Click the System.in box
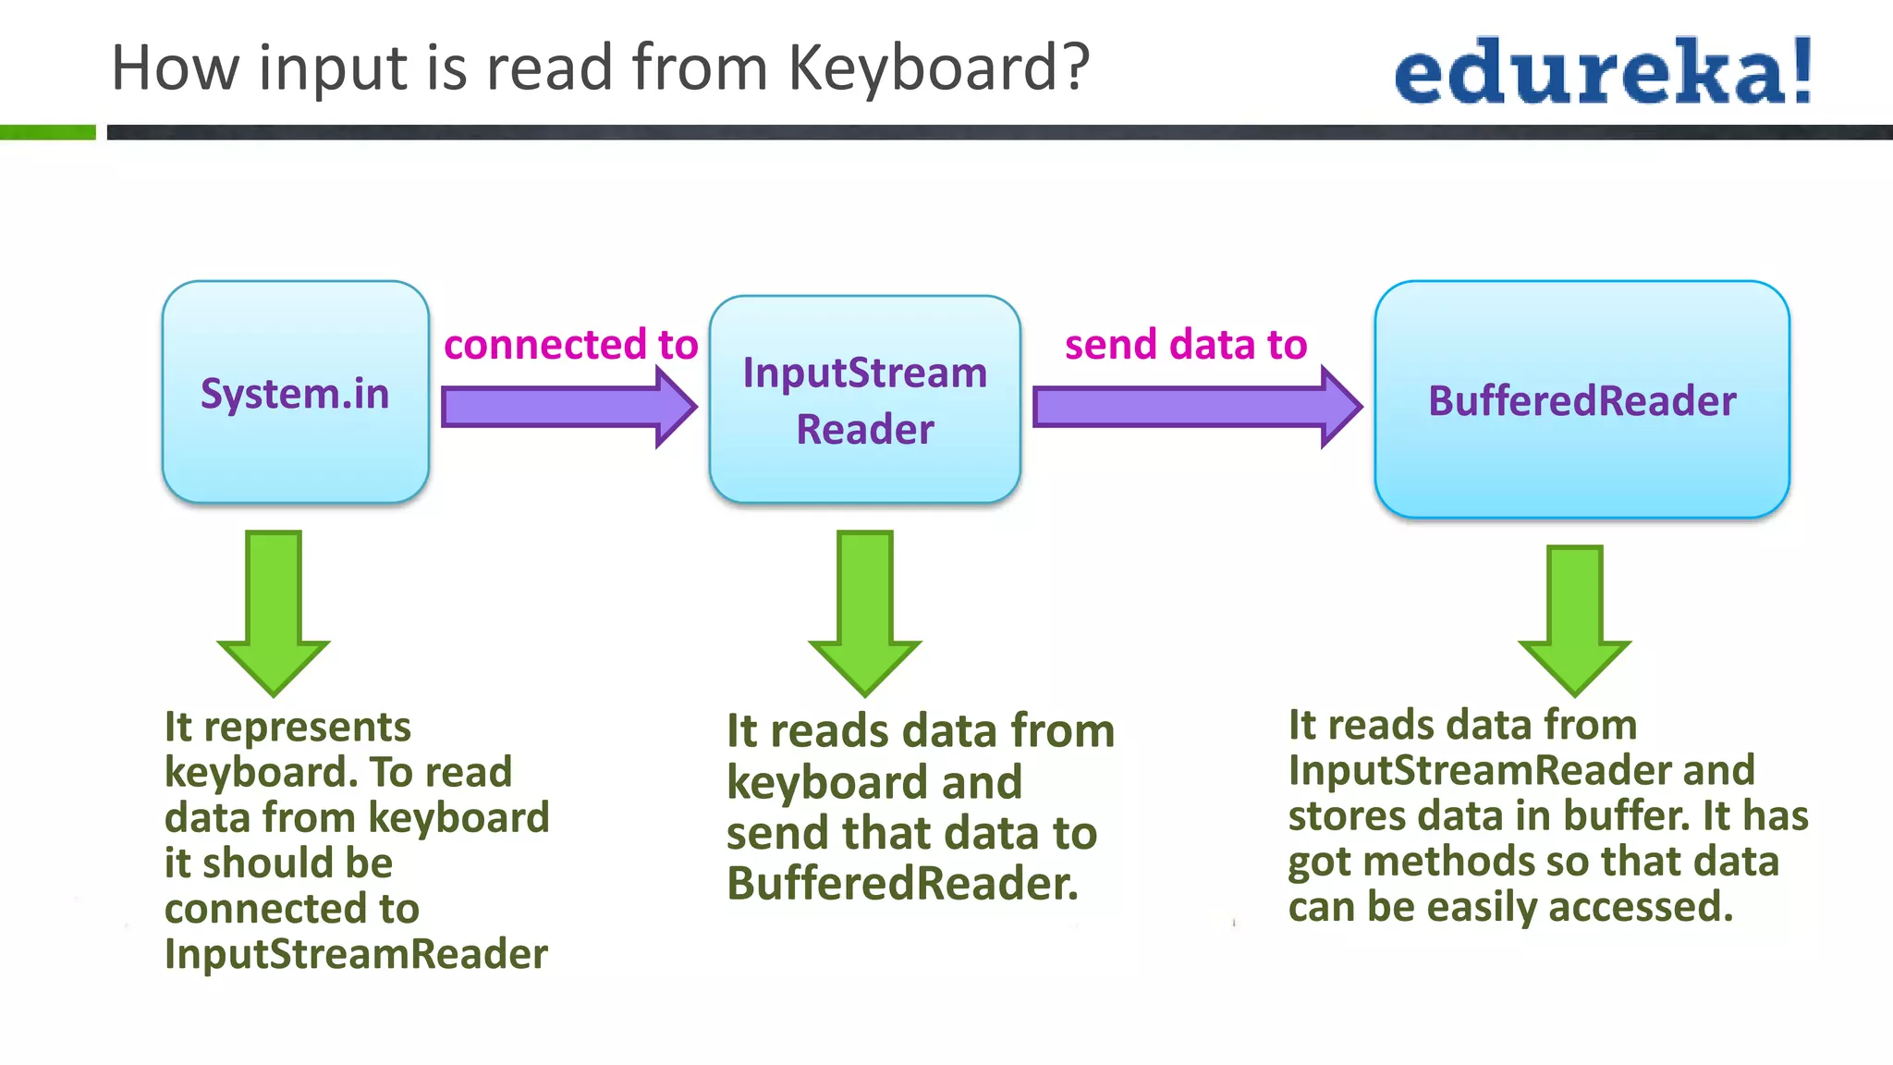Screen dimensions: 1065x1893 [295, 393]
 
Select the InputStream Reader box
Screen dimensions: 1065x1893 [864, 400]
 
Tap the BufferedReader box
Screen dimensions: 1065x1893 [1582, 400]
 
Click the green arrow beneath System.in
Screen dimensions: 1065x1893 [274, 610]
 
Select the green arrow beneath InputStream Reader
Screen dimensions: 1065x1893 [865, 610]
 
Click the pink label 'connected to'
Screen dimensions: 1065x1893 [570, 345]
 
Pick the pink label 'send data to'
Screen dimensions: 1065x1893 [1186, 345]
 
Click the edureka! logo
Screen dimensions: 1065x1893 [1603, 71]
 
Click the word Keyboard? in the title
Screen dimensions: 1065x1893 [938, 68]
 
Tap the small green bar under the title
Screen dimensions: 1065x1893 [47, 132]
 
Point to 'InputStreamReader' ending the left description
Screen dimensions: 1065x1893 [356, 953]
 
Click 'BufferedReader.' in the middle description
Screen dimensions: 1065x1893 [902, 883]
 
